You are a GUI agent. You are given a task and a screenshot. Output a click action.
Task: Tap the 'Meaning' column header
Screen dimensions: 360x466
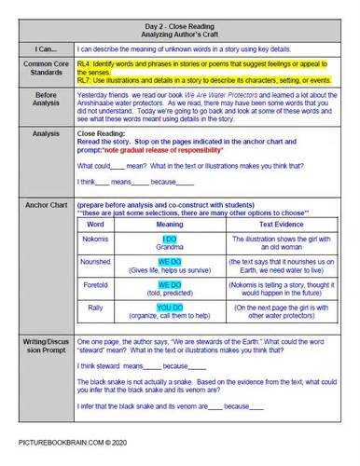(169, 225)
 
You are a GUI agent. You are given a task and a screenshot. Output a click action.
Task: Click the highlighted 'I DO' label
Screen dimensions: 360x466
(169, 239)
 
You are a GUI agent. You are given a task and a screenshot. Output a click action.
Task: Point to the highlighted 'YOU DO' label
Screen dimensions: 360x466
(169, 306)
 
